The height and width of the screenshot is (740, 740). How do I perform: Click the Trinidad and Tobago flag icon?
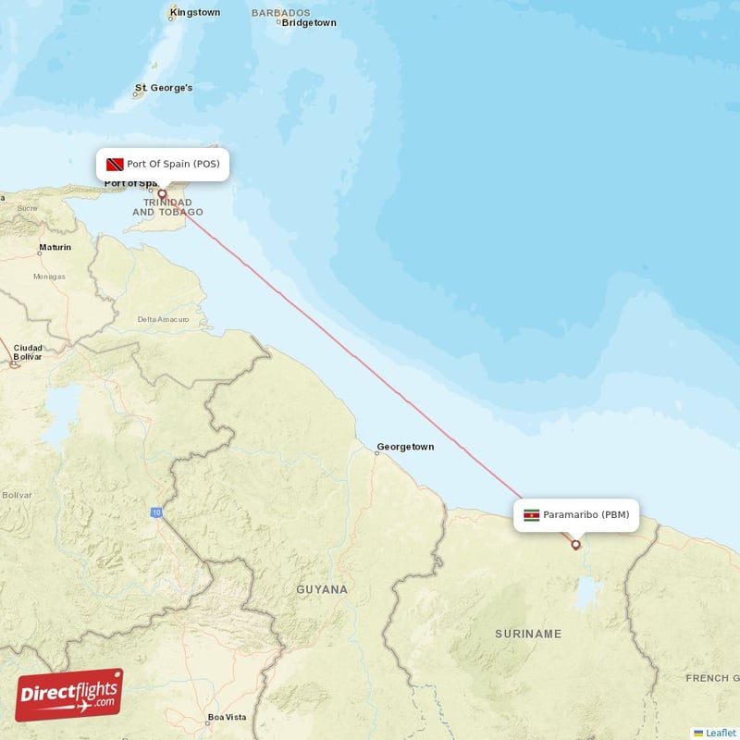point(116,165)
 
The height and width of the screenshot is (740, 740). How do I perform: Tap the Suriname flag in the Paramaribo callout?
point(531,515)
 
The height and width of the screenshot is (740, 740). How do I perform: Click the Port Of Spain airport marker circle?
point(162,194)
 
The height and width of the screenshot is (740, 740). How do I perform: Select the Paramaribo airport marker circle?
point(575,544)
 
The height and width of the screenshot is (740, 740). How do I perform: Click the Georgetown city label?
point(405,448)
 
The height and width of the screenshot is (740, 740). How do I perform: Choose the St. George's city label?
point(165,88)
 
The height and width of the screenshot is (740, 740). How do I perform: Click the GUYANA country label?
point(322,589)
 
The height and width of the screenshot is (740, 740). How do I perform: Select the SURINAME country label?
point(528,634)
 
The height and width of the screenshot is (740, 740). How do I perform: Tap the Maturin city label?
point(54,248)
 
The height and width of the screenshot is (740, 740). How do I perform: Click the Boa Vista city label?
point(227,717)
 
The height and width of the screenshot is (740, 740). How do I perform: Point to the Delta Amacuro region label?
point(163,319)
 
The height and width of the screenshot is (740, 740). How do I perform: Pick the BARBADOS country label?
point(280,12)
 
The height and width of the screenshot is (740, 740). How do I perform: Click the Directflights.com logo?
point(68,695)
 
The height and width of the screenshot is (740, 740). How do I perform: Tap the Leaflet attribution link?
point(721,733)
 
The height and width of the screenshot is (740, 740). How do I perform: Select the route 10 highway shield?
point(157,512)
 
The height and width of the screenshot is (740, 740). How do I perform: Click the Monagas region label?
point(49,277)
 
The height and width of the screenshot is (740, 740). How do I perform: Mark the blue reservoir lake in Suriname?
point(586,593)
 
